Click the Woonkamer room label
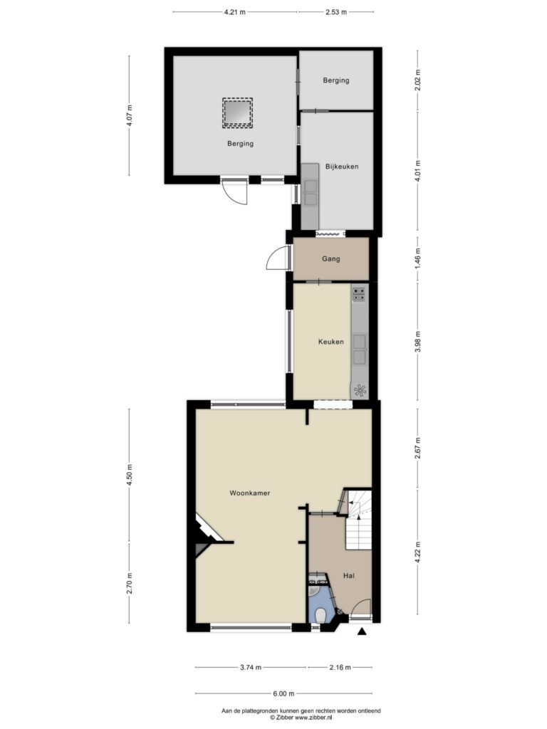(x=250, y=493)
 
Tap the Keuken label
(x=331, y=342)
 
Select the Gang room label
(x=330, y=259)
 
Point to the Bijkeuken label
(x=342, y=166)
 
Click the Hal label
(x=349, y=575)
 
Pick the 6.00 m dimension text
(x=283, y=693)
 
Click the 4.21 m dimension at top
(x=234, y=12)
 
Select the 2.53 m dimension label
(x=336, y=12)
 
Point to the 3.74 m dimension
(x=250, y=668)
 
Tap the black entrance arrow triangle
(x=362, y=631)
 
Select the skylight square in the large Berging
(x=237, y=113)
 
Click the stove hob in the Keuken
(x=359, y=294)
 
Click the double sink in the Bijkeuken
(x=310, y=193)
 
